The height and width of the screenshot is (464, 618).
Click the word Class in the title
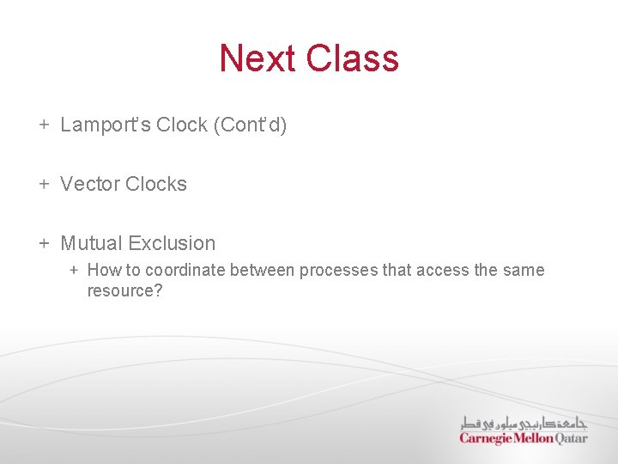pos(352,58)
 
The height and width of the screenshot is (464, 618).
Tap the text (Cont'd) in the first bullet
pos(252,125)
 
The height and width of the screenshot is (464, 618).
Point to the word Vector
pos(90,184)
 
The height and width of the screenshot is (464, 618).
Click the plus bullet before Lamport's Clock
pos(44,125)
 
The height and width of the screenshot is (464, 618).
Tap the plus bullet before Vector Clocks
pos(44,184)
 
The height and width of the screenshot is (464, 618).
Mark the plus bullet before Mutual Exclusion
pos(44,243)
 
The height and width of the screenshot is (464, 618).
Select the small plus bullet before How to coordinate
pos(74,270)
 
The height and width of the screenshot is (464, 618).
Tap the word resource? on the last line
pos(124,290)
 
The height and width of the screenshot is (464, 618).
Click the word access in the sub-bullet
pos(442,270)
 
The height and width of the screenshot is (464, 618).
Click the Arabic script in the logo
pos(524,423)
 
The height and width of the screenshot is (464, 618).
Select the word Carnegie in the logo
pos(486,438)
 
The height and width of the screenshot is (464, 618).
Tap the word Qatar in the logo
pos(572,438)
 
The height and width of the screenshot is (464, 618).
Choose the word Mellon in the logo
pos(534,438)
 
